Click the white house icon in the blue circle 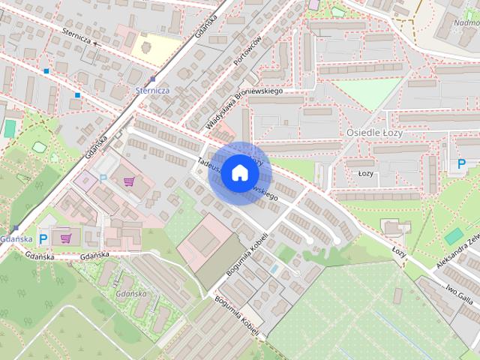(238, 173)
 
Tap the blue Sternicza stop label (152, 90)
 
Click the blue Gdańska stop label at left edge (16, 238)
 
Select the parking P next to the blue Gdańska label (43, 239)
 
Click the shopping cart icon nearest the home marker (129, 181)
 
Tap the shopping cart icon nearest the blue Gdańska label (66, 238)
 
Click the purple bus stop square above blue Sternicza (153, 78)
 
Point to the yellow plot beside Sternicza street (155, 47)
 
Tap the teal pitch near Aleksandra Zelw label (452, 236)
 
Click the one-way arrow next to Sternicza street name (96, 43)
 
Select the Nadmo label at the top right (466, 22)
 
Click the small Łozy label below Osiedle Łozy (366, 173)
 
